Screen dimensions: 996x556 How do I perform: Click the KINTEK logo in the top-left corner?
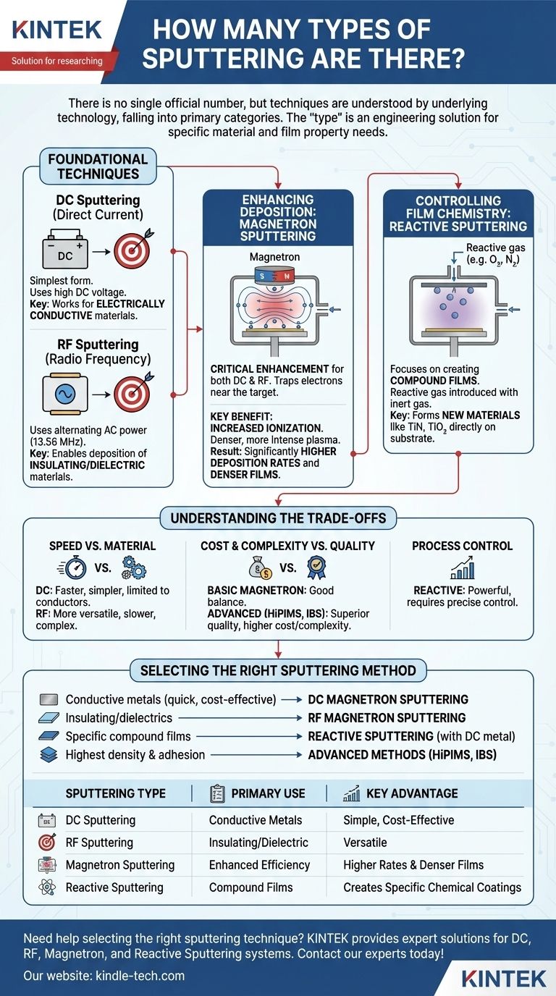[x=56, y=30]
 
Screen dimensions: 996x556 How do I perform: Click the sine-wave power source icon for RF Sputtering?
[x=66, y=396]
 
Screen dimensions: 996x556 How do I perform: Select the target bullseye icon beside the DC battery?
[x=130, y=250]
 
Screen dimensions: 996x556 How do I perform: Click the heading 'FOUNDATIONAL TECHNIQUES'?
[x=98, y=166]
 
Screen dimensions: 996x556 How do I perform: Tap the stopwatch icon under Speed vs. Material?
[x=75, y=567]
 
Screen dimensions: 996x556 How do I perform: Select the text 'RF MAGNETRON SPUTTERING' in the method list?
[x=387, y=718]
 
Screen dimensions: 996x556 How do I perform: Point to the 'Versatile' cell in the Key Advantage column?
[x=365, y=843]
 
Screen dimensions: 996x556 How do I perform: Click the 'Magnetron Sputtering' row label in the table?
[x=119, y=865]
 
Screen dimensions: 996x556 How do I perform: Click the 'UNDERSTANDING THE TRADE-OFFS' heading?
[x=278, y=518]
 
